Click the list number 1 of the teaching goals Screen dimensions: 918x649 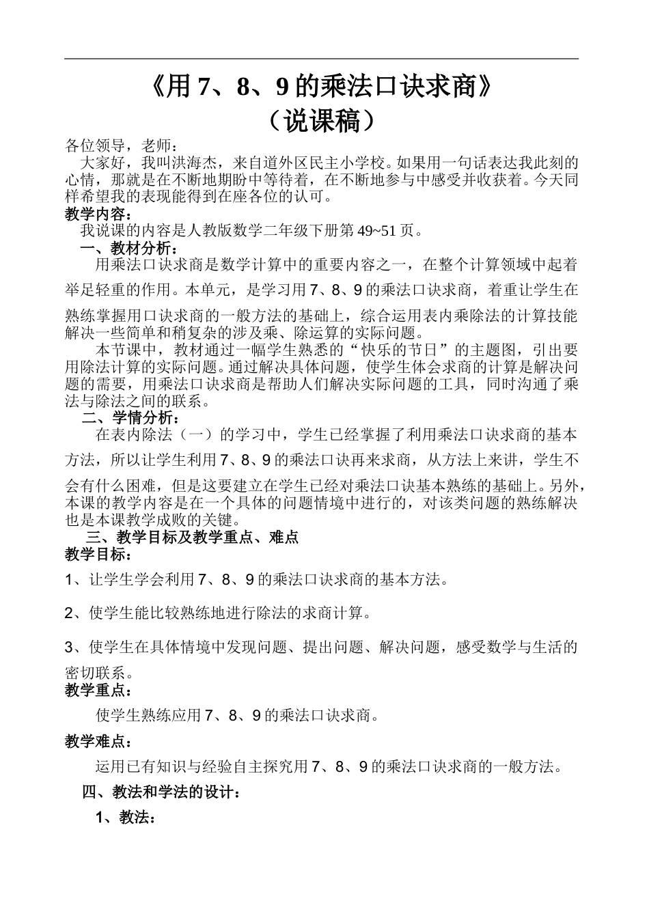click(69, 580)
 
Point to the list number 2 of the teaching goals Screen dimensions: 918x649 click(69, 613)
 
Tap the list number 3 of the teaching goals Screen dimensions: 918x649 click(69, 646)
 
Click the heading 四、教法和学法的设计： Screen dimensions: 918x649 click(161, 792)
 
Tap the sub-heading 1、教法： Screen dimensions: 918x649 click(126, 817)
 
